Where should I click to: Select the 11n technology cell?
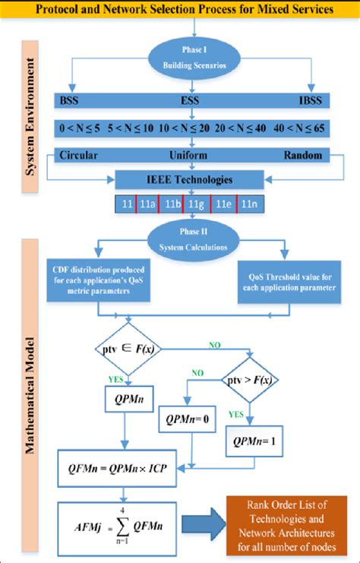pos(249,205)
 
